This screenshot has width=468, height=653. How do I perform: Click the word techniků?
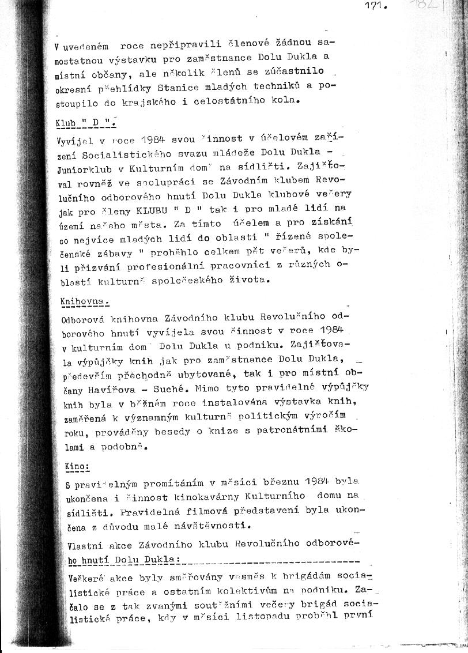270,86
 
